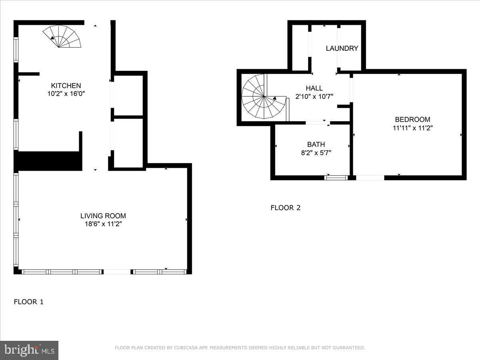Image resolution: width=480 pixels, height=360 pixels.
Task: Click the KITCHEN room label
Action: click(66, 86)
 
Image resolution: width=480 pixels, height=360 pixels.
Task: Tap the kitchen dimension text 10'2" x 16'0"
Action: click(66, 94)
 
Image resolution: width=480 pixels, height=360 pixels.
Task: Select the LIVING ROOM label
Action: click(103, 216)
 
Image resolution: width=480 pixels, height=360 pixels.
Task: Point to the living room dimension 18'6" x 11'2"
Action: click(103, 224)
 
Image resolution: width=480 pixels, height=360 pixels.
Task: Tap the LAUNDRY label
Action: click(342, 48)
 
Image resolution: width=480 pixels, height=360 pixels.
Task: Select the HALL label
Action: click(314, 88)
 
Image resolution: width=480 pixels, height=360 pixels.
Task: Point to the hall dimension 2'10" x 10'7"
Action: click(314, 96)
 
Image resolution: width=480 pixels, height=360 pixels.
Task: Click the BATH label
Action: click(316, 144)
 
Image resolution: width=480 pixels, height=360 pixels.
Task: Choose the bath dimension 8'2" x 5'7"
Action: click(316, 152)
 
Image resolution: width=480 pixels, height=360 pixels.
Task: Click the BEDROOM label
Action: click(412, 120)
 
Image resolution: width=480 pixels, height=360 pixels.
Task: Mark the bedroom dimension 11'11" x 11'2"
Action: click(412, 128)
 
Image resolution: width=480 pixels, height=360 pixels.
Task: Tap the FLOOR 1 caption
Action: click(28, 302)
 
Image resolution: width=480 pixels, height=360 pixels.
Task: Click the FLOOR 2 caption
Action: click(285, 208)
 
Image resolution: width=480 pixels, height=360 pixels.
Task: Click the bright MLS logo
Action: click(29, 350)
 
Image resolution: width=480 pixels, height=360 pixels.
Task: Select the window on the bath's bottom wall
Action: click(336, 177)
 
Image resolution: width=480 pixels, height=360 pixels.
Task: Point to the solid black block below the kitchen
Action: click(48, 161)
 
